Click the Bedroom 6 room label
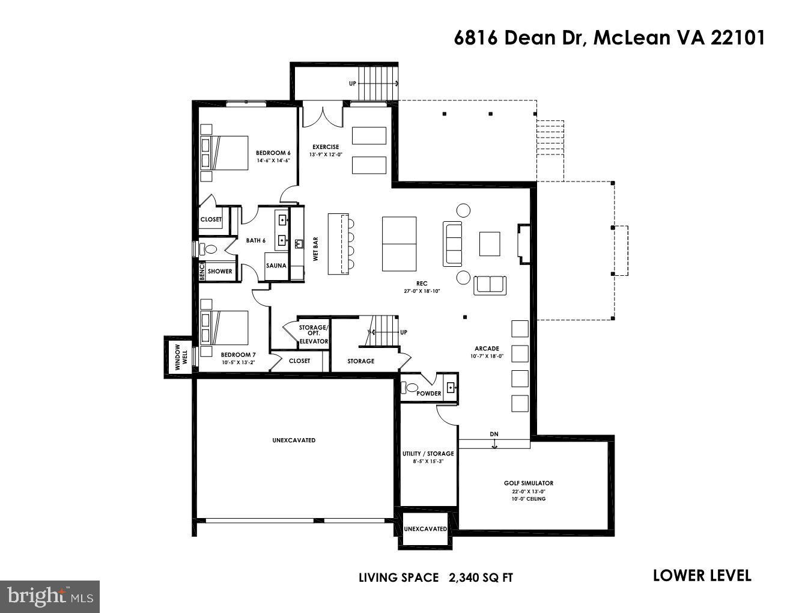[x=273, y=153]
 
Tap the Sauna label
[x=276, y=266]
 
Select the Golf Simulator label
[x=528, y=483]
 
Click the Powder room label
[x=429, y=394]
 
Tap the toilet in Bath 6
[x=210, y=248]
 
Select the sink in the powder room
[x=451, y=386]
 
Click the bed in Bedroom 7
[x=225, y=328]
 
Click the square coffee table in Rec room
[x=489, y=243]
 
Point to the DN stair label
[x=494, y=434]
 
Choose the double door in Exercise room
[x=322, y=116]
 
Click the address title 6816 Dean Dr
[x=609, y=38]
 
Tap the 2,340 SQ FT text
[x=481, y=578]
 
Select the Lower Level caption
[x=702, y=576]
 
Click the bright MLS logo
[x=50, y=596]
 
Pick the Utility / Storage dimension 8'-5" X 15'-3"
[x=428, y=462]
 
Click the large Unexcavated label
[x=293, y=441]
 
